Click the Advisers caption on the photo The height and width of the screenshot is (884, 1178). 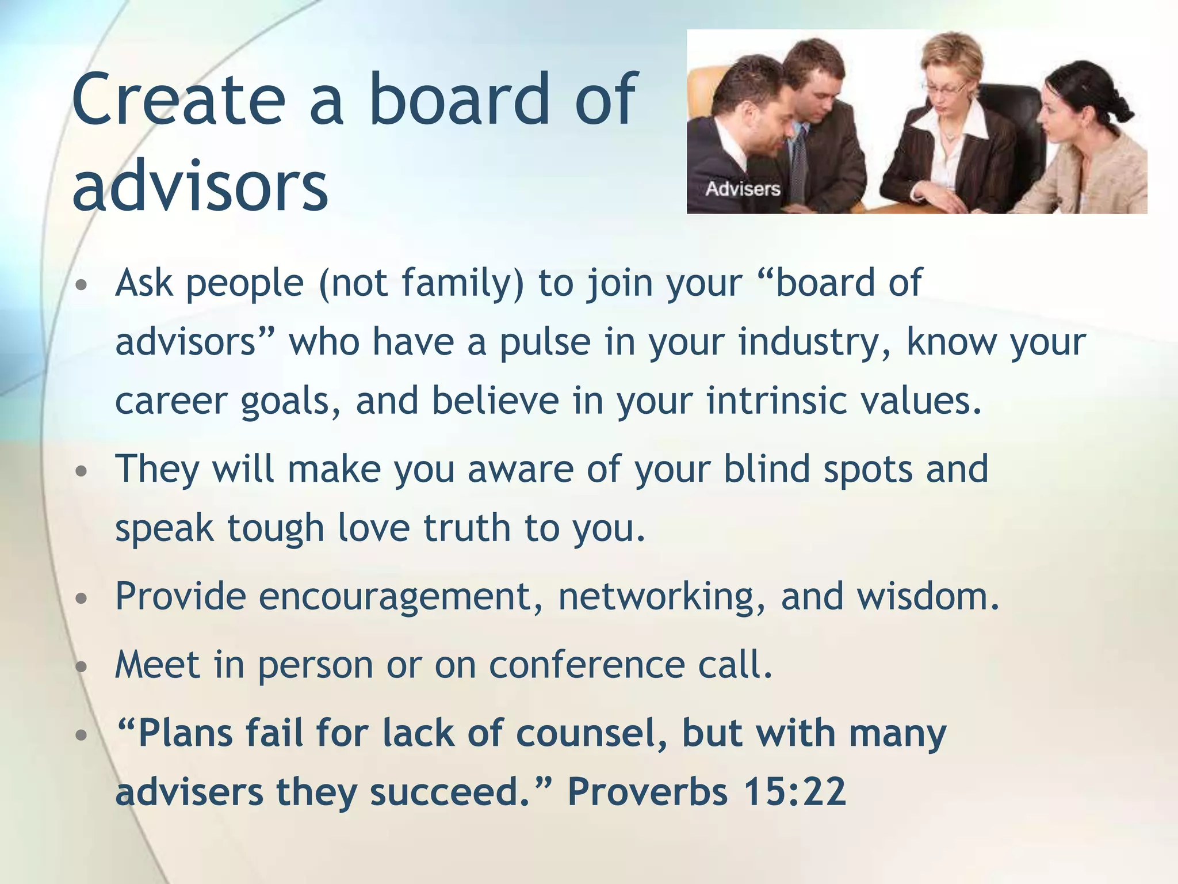[743, 189]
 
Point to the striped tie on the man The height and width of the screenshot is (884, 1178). [799, 155]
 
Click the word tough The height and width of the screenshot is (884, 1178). [276, 528]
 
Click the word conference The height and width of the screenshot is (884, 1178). [587, 665]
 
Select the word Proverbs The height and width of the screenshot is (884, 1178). [648, 792]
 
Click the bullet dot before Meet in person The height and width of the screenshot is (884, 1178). [82, 666]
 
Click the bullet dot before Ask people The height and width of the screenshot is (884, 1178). [82, 285]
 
